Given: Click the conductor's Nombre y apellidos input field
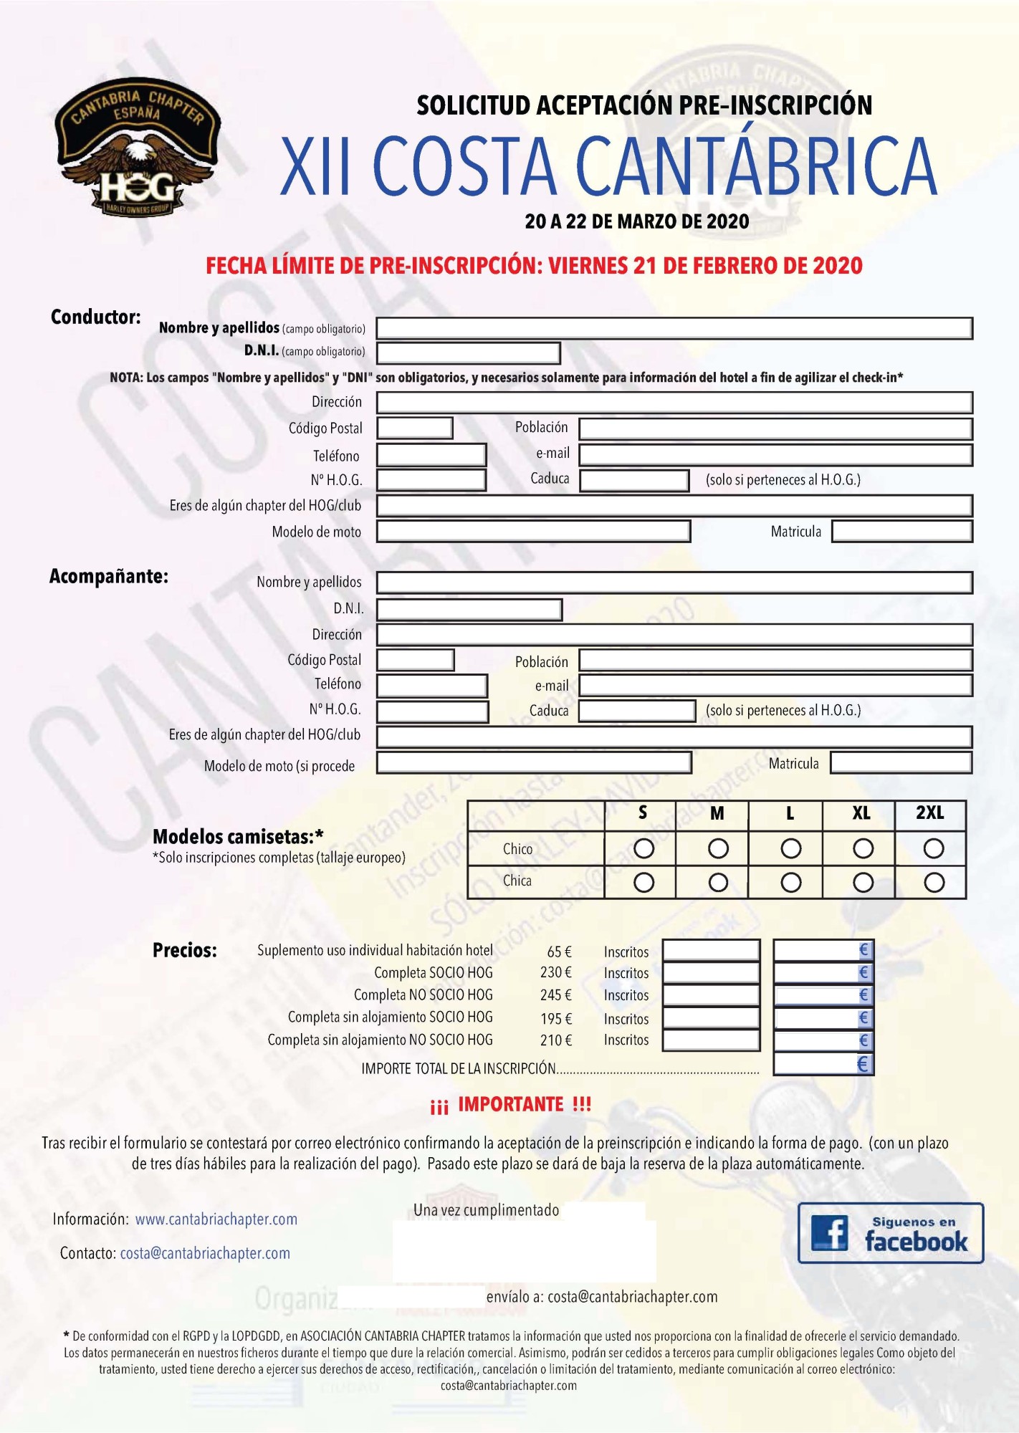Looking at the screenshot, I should click(674, 328).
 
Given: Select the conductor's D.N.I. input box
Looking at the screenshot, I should click(468, 353).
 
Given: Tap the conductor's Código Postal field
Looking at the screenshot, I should click(414, 428).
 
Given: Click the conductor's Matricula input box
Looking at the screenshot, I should click(901, 532).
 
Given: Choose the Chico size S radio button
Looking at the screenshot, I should click(644, 849).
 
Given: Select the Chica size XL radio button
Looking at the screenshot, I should click(863, 882).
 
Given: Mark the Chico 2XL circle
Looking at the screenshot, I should click(933, 849).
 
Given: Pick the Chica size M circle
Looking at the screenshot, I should click(718, 882).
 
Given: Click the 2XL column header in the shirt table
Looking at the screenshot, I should click(929, 813).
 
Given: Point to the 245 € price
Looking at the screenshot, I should click(555, 995).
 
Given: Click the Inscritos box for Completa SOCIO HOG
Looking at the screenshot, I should click(710, 973).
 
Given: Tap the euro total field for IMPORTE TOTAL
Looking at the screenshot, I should click(823, 1064).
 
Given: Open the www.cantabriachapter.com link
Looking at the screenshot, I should click(216, 1219).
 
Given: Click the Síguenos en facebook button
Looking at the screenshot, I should click(890, 1233).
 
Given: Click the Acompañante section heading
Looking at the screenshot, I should click(109, 577).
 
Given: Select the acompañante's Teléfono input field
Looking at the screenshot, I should click(432, 686).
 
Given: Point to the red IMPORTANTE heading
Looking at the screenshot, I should click(510, 1104).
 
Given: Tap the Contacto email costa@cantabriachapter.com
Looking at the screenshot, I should click(205, 1253).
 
